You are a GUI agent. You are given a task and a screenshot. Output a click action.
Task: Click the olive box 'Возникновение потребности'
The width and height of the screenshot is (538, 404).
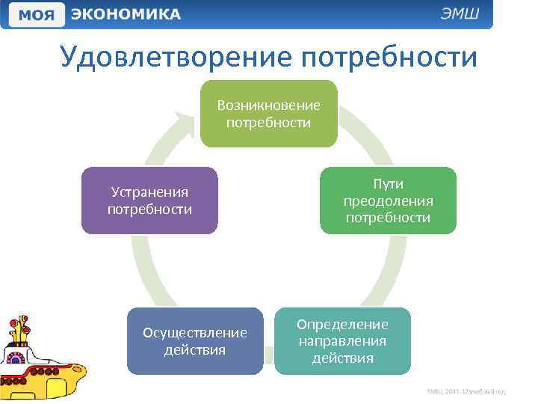268,113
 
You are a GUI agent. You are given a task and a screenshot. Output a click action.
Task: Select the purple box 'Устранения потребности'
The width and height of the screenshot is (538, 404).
149,201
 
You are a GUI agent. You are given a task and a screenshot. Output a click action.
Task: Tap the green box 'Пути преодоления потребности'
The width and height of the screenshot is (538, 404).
388,201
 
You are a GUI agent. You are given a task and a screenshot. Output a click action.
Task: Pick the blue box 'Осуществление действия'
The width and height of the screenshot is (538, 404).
195,340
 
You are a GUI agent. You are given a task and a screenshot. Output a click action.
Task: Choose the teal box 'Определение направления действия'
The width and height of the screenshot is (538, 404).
342,340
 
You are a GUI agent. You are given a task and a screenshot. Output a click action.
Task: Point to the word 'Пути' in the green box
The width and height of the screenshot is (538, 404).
388,184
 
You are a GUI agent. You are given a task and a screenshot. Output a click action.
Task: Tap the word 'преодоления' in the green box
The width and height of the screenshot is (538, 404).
388,201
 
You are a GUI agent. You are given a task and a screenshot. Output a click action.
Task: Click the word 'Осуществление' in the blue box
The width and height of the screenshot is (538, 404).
195,332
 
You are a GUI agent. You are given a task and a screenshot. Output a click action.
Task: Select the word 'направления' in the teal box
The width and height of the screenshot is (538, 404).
342,341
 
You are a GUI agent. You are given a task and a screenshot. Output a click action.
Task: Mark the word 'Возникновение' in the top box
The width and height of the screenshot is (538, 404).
268,105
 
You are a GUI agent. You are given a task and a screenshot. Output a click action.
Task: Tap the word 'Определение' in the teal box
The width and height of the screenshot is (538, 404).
342,325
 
